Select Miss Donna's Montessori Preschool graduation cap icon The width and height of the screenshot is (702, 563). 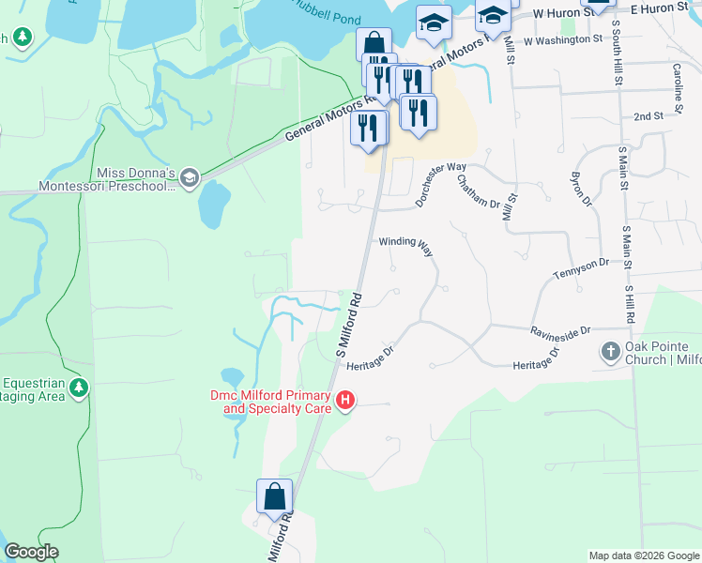(189, 178)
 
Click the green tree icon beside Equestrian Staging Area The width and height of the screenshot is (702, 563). (80, 387)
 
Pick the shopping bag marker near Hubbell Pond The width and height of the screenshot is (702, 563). (374, 43)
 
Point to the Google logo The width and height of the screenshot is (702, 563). (31, 552)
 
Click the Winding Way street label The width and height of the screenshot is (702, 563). (405, 241)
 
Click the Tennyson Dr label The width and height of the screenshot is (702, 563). (581, 271)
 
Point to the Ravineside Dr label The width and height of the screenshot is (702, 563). (559, 331)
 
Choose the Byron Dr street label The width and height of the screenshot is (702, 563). (582, 190)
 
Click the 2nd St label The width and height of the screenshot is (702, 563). (648, 116)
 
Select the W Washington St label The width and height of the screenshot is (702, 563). (562, 40)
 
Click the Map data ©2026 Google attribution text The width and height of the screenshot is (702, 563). (643, 555)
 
